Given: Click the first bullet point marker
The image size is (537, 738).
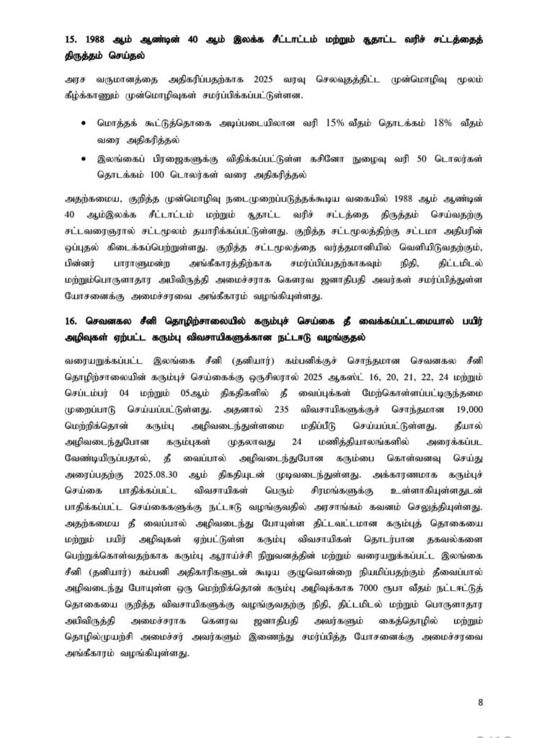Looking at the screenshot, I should tap(86, 124).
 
